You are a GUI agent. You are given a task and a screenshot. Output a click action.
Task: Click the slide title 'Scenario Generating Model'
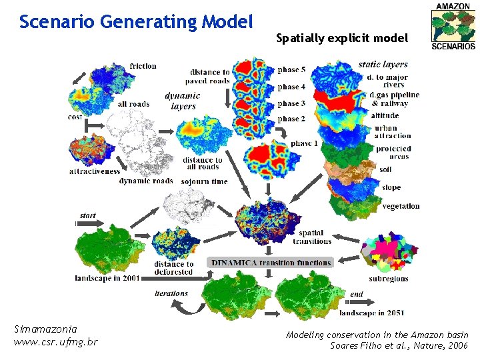[136, 22]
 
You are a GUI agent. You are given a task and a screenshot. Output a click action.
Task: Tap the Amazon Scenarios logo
[453, 26]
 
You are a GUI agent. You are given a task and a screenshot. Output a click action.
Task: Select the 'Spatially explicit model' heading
[341, 39]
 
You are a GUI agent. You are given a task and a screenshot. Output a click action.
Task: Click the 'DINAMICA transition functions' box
[271, 263]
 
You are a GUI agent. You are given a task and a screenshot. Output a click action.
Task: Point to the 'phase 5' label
[292, 69]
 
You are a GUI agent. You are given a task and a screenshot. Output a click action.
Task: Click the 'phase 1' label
[305, 143]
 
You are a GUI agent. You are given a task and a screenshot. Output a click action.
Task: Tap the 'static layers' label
[383, 64]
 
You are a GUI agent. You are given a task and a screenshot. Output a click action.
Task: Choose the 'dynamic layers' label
[183, 101]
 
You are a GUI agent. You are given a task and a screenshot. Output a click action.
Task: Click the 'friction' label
[143, 65]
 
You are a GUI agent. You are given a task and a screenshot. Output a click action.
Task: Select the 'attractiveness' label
[95, 171]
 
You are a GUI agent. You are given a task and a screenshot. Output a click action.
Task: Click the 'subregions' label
[388, 279]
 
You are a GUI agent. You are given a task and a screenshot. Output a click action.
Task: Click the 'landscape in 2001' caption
[107, 278]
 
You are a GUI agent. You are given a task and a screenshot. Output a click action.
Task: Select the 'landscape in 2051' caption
[371, 313]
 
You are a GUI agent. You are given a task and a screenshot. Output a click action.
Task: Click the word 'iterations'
[171, 293]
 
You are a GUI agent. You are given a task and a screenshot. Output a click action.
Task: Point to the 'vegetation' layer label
[401, 206]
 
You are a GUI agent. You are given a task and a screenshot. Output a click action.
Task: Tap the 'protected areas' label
[393, 153]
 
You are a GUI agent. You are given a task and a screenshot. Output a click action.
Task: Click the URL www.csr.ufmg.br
[55, 342]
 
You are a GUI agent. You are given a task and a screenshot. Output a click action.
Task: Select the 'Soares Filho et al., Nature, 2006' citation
[399, 345]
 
